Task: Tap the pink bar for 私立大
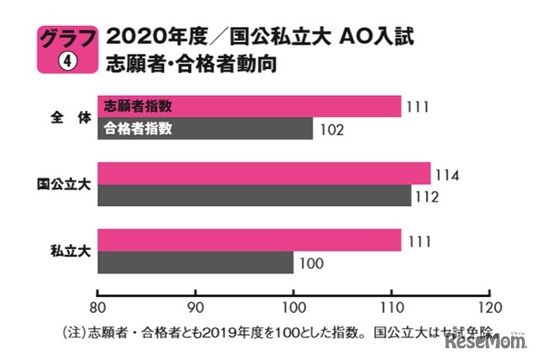(x=249, y=241)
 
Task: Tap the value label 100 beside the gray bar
(x=310, y=263)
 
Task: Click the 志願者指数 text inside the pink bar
(x=138, y=106)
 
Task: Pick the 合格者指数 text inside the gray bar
(x=138, y=129)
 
